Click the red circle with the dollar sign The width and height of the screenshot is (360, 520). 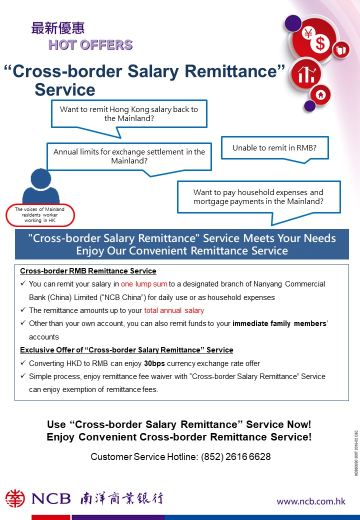click(x=320, y=43)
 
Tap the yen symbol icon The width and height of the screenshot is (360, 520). click(x=308, y=34)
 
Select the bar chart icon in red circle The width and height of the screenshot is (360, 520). click(x=306, y=75)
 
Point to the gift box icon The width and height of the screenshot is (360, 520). click(x=341, y=49)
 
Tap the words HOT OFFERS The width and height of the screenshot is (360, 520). click(x=90, y=45)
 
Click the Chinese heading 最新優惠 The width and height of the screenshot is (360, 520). click(x=57, y=28)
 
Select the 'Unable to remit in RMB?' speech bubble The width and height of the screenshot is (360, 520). click(x=274, y=148)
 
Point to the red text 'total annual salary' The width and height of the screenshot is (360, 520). click(x=174, y=310)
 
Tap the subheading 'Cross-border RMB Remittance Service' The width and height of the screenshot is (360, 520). click(x=88, y=271)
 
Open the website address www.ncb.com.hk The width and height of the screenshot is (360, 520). click(x=311, y=501)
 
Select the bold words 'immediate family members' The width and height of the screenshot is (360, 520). click(x=279, y=323)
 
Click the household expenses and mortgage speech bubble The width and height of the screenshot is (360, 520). click(x=258, y=197)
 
